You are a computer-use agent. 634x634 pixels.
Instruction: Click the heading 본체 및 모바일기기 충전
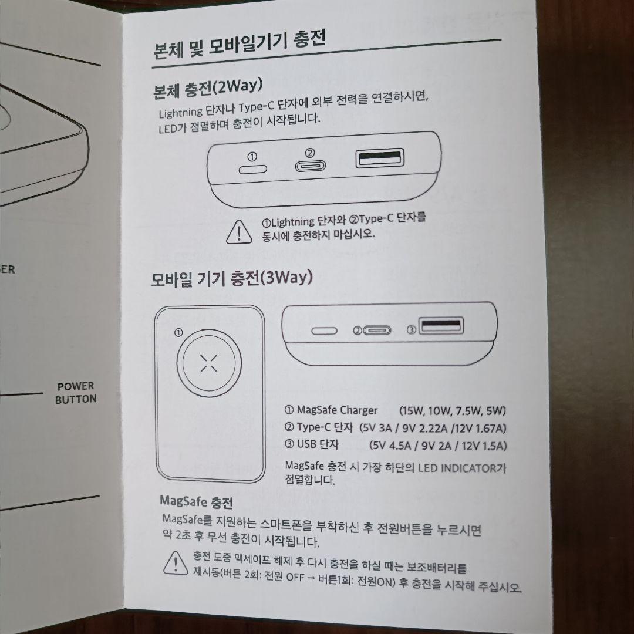[240, 45]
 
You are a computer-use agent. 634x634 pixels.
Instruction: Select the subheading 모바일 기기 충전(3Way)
[232, 278]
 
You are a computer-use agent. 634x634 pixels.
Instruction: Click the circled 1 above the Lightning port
[252, 157]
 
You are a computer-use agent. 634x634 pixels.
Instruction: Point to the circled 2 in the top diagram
[310, 153]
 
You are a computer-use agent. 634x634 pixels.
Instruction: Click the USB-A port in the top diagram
[380, 158]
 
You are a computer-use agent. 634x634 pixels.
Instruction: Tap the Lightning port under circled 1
[252, 169]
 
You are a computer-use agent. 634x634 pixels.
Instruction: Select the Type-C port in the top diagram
[310, 166]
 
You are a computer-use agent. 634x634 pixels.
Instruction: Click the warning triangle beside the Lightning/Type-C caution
[239, 232]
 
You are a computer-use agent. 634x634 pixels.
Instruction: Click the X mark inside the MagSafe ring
[209, 363]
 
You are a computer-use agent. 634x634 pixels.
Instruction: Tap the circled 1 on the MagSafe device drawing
[178, 333]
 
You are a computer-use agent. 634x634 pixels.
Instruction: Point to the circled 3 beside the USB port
[411, 330]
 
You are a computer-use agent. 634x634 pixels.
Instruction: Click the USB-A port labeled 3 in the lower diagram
[441, 325]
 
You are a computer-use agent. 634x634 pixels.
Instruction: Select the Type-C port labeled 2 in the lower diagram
[377, 331]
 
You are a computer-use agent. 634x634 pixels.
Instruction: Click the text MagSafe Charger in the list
[337, 410]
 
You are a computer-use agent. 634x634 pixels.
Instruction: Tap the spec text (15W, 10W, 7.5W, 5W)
[453, 411]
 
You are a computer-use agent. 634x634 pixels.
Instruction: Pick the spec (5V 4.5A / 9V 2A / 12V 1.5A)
[438, 445]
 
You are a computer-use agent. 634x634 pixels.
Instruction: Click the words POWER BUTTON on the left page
[76, 393]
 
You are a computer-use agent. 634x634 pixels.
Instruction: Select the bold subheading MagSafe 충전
[196, 501]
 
